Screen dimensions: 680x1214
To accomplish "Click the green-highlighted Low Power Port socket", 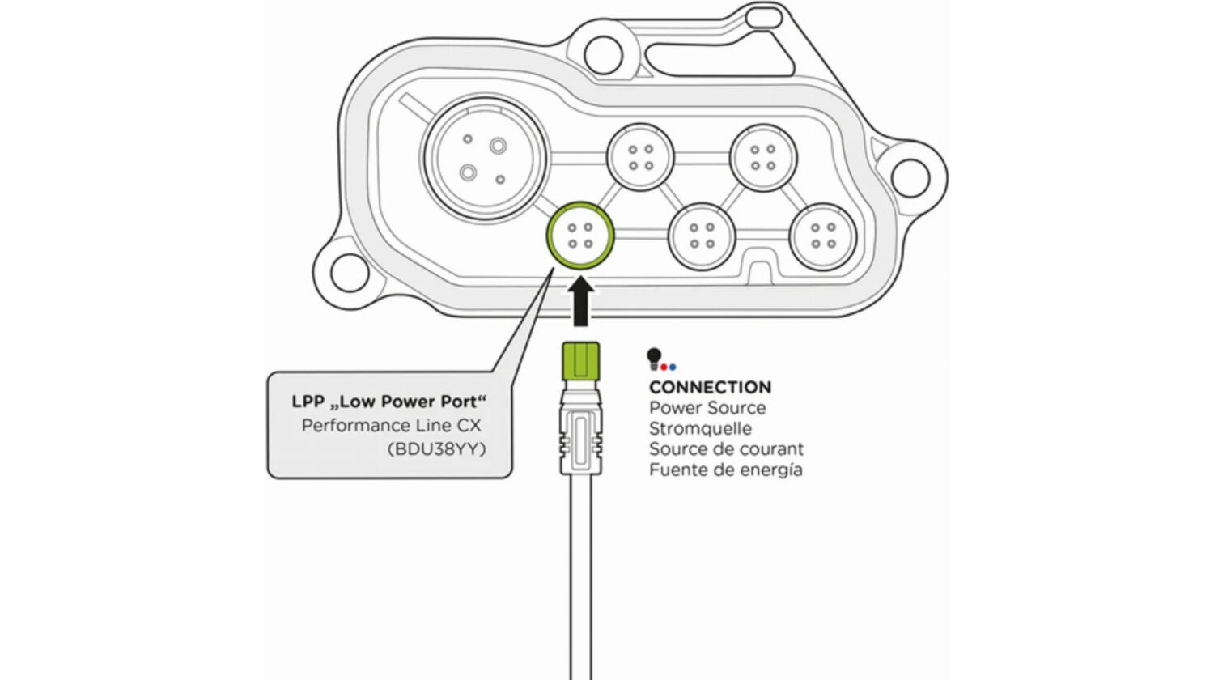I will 579,236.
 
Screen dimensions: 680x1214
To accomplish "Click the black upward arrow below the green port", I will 580,301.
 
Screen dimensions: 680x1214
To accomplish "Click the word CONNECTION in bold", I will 710,387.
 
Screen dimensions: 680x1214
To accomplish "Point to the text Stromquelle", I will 700,428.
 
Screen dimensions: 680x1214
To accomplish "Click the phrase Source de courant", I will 726,449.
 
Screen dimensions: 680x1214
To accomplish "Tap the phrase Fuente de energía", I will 725,470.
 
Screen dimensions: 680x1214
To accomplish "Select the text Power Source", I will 707,408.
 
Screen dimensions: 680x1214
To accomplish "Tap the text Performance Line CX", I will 391,425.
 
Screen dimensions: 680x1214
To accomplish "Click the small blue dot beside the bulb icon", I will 673,368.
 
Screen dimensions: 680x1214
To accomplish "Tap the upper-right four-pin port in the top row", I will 763,157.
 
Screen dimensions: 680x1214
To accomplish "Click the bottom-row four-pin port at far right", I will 822,236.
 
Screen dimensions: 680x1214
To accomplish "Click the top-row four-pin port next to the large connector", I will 640,157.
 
